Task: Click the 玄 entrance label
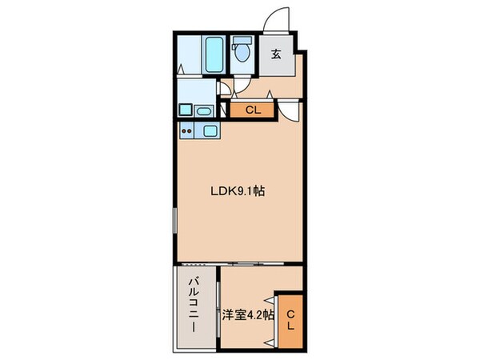274,55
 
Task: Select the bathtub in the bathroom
214,54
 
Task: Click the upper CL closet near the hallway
251,110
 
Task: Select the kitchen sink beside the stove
210,131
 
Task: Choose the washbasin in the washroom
202,110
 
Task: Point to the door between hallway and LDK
289,110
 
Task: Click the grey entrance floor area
274,64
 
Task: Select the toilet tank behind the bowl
242,44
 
